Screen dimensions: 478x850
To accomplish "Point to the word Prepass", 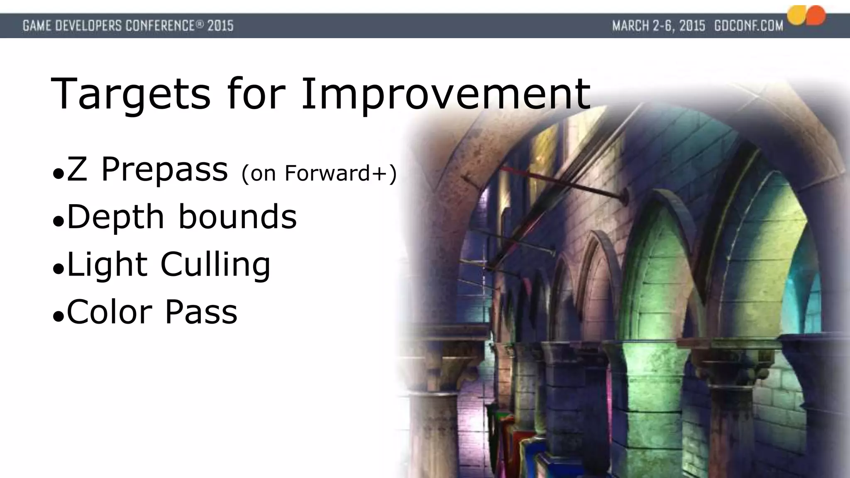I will (164, 170).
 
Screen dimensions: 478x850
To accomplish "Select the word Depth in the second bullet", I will (115, 217).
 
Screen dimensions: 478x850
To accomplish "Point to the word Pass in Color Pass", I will (201, 312).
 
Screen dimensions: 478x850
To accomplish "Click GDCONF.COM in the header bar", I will (748, 26).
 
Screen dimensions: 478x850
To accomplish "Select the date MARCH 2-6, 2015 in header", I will (658, 26).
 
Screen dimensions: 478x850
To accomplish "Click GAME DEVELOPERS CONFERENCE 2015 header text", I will (128, 26).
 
